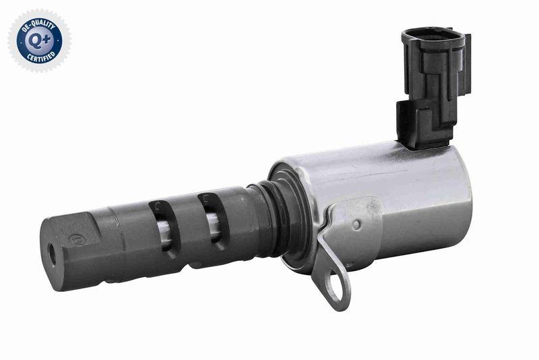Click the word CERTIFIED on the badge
pyautogui.click(x=40, y=58)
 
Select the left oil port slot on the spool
pyautogui.click(x=164, y=227)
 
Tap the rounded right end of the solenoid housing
pyautogui.click(x=464, y=196)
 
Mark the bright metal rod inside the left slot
pyautogui.click(x=162, y=230)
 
